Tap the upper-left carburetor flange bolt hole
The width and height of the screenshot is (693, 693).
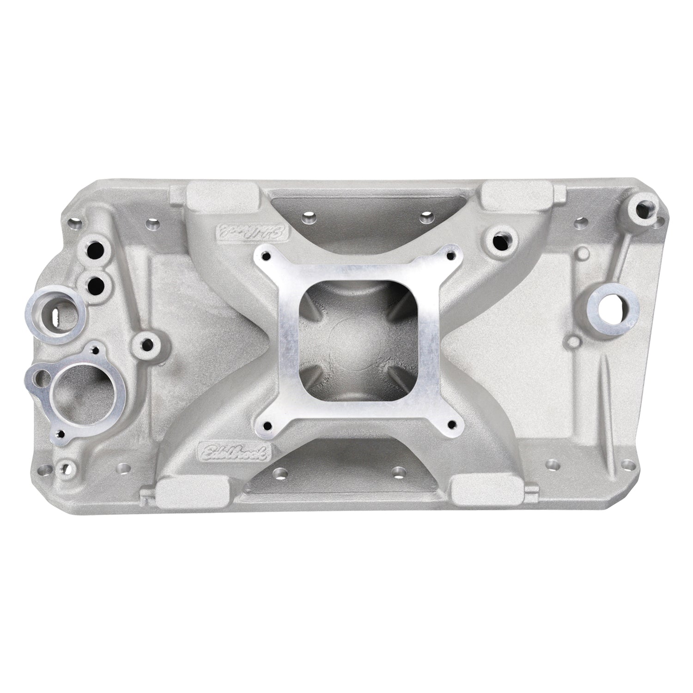[267, 255]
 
